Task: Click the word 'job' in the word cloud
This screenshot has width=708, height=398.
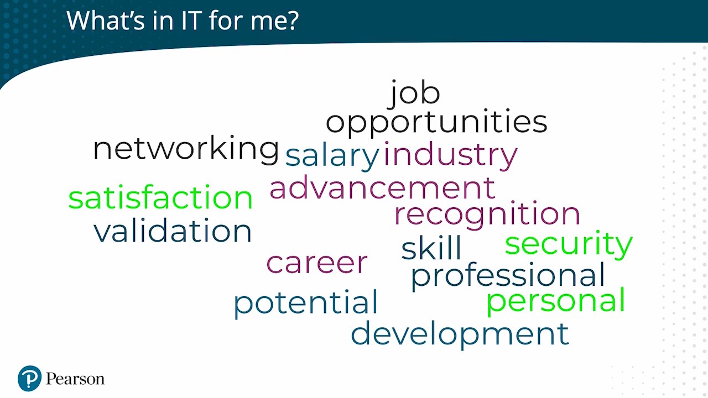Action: [414, 94]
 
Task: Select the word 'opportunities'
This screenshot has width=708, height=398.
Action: [436, 123]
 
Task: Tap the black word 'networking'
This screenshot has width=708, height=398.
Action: [186, 149]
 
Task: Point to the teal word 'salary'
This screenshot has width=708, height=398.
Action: [332, 157]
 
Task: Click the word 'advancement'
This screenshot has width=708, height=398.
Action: [382, 188]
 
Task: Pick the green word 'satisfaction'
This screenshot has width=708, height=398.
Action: [160, 197]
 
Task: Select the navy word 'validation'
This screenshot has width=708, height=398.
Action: [173, 231]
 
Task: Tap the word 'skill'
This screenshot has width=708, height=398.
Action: [431, 248]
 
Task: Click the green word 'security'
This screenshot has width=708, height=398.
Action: [569, 244]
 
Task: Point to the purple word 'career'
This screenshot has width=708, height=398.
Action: [317, 263]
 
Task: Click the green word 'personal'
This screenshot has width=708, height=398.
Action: [556, 301]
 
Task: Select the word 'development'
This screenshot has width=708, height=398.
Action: [460, 335]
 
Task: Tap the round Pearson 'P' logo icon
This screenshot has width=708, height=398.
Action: [30, 379]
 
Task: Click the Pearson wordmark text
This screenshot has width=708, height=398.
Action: [75, 379]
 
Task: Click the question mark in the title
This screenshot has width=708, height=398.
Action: [293, 20]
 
